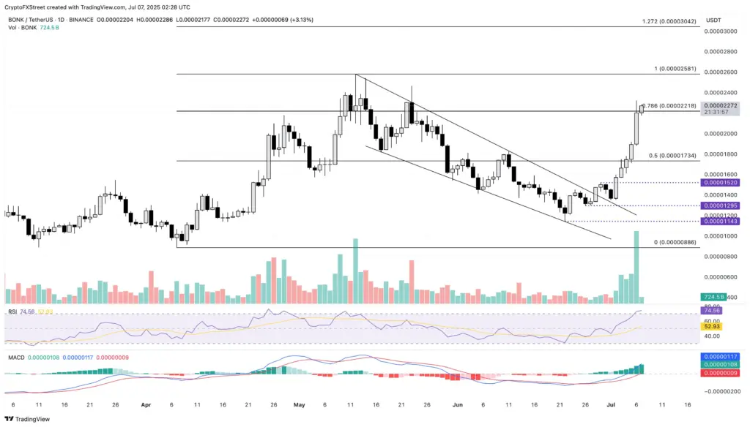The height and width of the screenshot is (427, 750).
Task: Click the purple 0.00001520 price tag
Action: point(720,182)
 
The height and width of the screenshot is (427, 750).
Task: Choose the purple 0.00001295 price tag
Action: point(720,205)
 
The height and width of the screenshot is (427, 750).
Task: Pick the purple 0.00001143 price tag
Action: point(720,221)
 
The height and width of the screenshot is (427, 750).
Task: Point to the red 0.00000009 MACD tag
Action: point(720,373)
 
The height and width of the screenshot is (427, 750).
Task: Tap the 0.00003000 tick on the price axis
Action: point(720,31)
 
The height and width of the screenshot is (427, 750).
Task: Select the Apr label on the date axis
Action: point(145,403)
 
